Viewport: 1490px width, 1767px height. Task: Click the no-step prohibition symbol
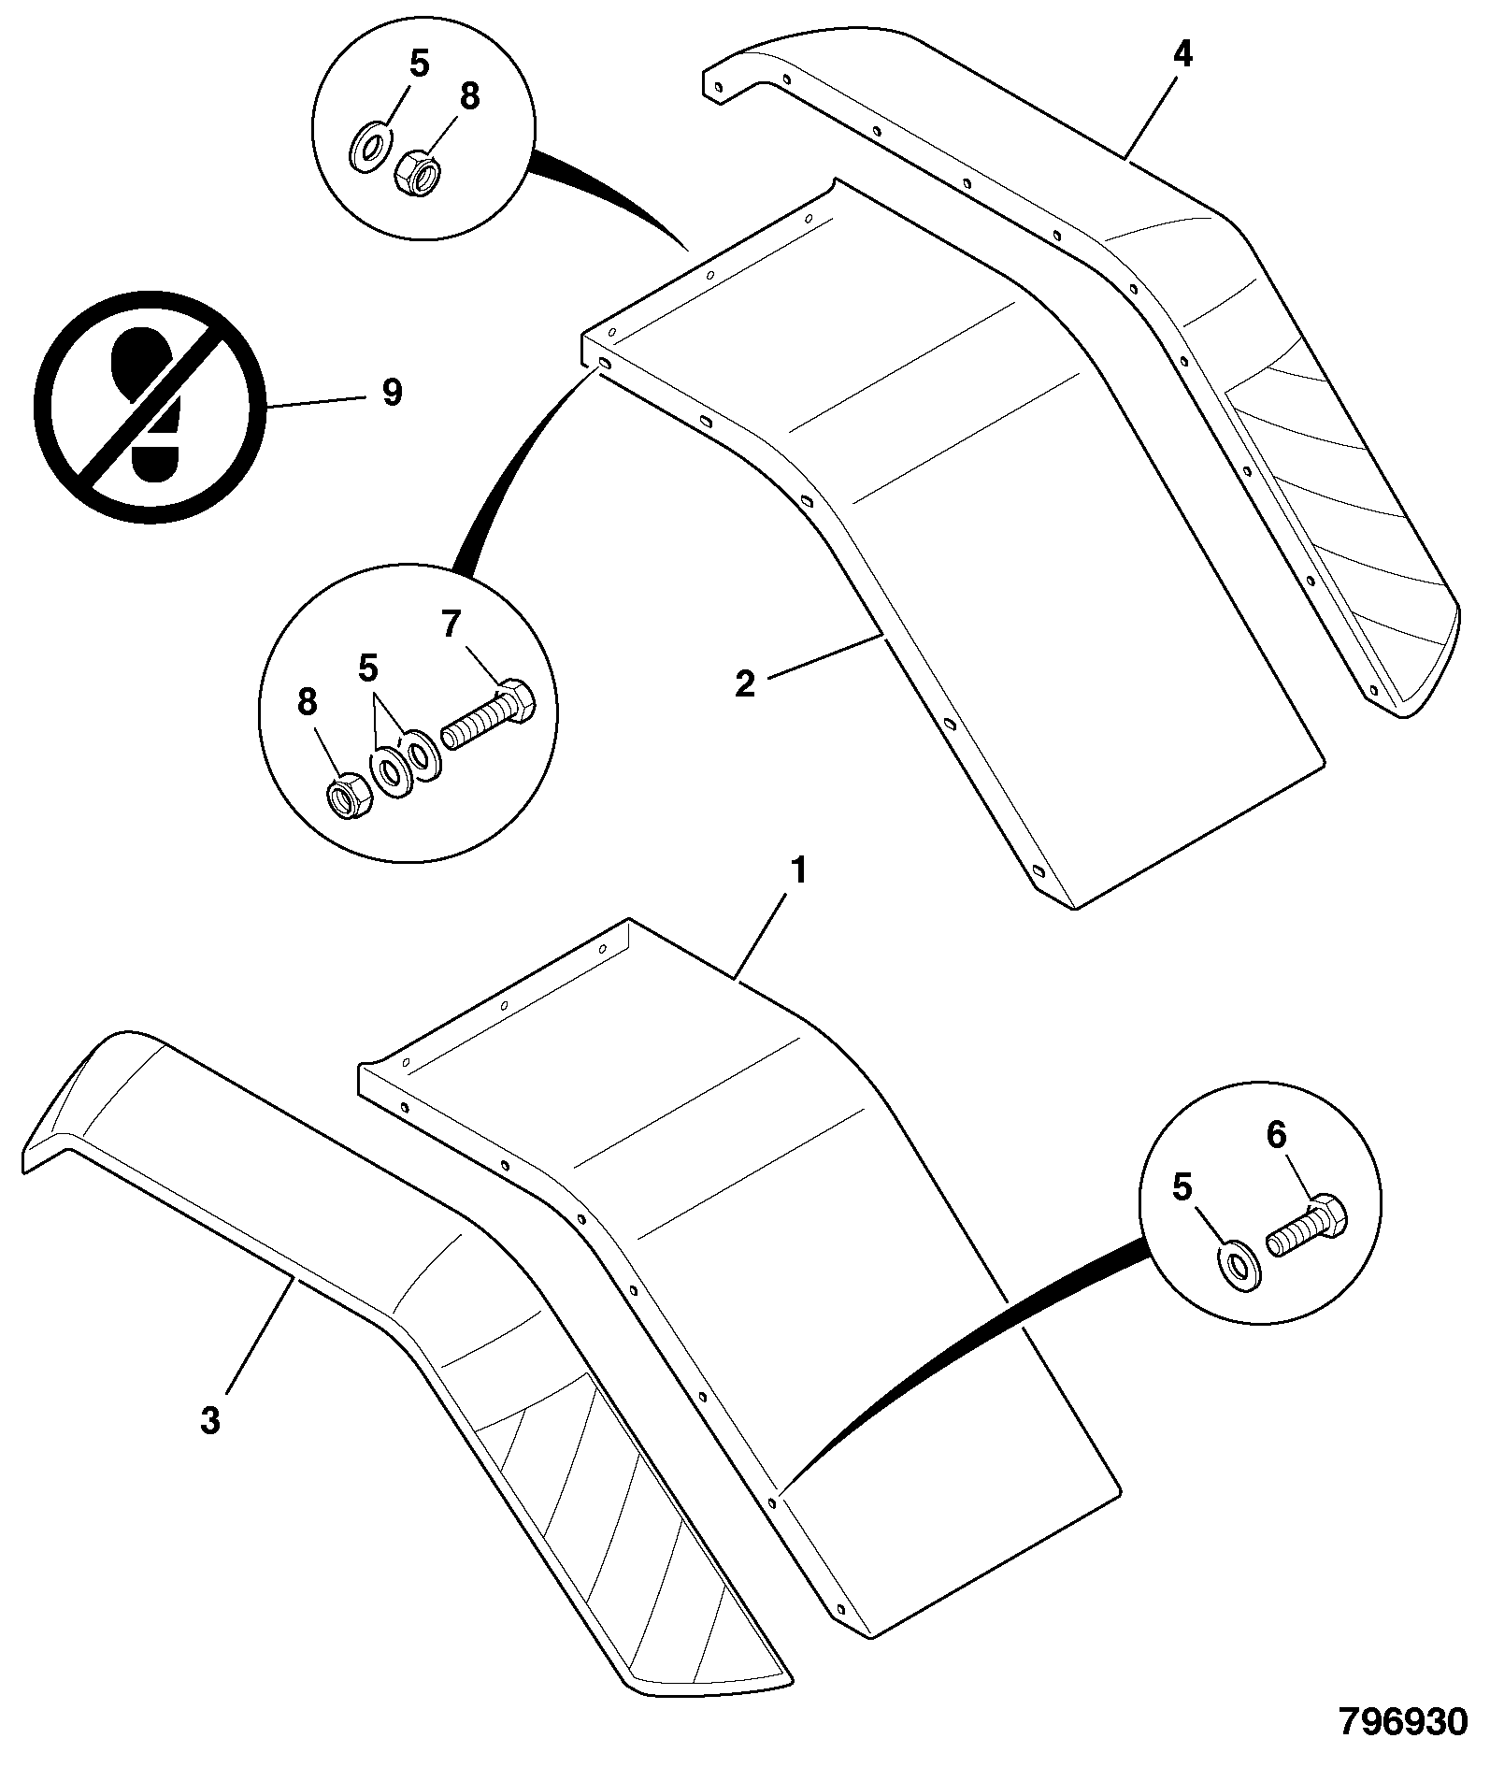click(x=150, y=408)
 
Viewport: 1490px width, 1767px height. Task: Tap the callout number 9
click(x=393, y=393)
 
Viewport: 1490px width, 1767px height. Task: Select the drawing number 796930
click(x=1403, y=1722)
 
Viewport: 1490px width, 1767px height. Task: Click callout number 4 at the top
click(x=1182, y=55)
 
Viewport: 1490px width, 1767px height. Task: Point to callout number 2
click(x=744, y=684)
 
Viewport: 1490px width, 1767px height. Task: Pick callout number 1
click(x=797, y=873)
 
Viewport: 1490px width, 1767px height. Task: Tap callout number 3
click(x=210, y=1421)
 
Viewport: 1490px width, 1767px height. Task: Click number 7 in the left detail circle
click(x=451, y=624)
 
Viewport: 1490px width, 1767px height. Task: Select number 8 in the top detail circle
click(x=469, y=95)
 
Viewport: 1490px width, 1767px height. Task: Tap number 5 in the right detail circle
click(x=1182, y=1188)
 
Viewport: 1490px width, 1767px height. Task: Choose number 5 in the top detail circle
click(x=419, y=65)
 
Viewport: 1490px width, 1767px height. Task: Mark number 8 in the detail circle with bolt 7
click(x=308, y=703)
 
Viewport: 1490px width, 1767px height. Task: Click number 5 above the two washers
click(x=368, y=668)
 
